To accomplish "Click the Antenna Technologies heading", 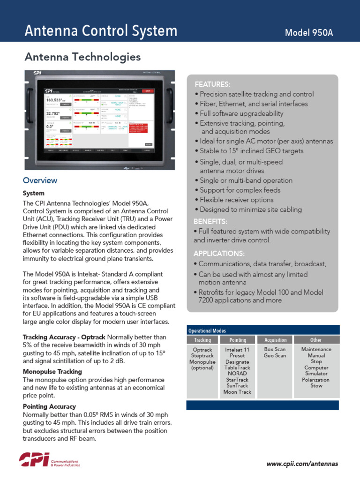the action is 82,57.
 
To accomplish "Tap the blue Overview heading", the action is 40,180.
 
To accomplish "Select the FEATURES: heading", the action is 212,84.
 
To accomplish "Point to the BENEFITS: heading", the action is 210,221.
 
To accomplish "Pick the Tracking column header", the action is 202,340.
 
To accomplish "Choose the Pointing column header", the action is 238,340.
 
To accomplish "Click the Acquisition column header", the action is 275,340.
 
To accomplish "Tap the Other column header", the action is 316,340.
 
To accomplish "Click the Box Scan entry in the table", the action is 275,350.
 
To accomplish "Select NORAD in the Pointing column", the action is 238,374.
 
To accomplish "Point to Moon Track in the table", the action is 238,392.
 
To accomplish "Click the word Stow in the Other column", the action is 316,386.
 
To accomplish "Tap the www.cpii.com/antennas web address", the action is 302,464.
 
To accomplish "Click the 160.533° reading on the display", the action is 56,100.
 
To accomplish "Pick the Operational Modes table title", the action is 207,330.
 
